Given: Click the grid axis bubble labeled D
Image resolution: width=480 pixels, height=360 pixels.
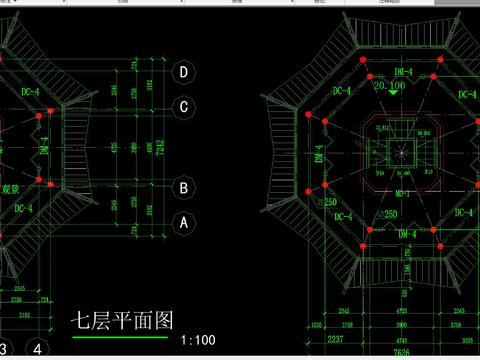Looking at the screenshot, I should [183, 72].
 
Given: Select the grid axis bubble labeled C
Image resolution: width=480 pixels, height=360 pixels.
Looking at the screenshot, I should [183, 107].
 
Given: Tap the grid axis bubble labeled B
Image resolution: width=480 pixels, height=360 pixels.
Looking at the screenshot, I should [183, 187].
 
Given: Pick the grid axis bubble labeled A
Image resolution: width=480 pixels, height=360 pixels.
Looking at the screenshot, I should [183, 224].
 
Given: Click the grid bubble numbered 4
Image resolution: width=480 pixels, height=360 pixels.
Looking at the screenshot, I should [38, 349].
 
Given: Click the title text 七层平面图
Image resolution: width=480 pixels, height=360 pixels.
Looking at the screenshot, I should [121, 321].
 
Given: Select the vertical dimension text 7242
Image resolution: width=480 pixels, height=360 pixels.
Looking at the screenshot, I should [160, 147].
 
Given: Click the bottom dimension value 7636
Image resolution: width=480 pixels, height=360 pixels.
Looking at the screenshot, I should [402, 352].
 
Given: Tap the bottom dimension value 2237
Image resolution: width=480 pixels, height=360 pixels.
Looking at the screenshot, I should [335, 340].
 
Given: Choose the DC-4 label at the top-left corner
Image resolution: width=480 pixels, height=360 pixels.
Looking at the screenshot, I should [30, 92].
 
